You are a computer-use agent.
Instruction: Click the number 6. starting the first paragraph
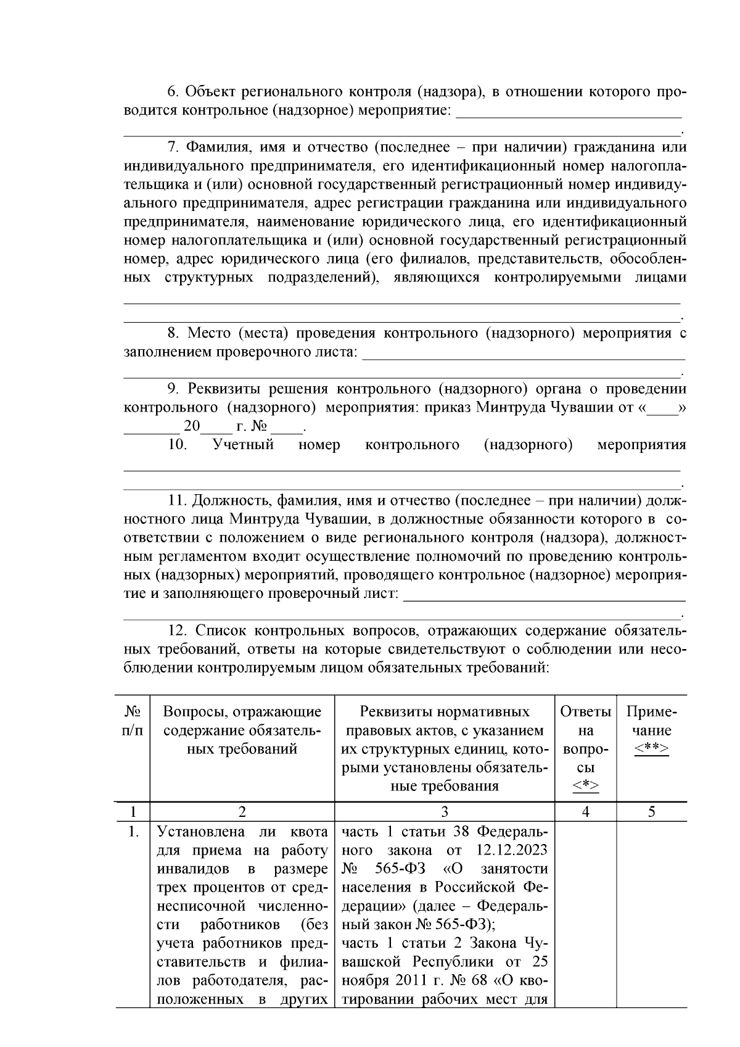pos(173,93)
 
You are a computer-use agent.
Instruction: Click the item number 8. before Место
pos(173,334)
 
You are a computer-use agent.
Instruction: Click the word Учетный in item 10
pos(243,445)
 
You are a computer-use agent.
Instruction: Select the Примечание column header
pos(651,721)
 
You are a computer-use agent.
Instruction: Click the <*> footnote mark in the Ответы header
pos(585,787)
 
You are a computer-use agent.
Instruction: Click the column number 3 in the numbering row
pos(445,812)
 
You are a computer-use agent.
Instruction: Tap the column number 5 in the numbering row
pos(651,812)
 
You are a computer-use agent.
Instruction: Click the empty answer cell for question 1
pos(585,913)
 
